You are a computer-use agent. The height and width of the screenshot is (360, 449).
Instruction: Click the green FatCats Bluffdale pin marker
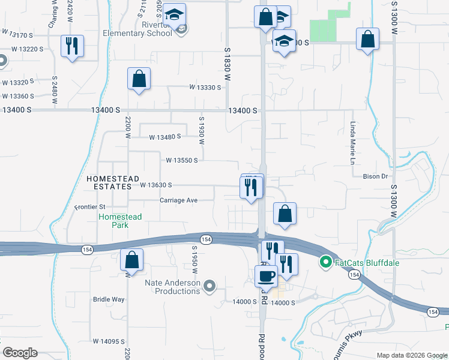click(325, 262)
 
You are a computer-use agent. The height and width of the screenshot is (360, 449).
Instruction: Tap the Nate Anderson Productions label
click(173, 286)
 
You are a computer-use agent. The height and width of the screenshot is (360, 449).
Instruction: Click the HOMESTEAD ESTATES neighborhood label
click(109, 183)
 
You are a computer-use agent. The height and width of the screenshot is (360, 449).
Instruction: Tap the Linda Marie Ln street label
click(353, 143)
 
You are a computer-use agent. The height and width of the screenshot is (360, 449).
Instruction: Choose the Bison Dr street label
click(376, 176)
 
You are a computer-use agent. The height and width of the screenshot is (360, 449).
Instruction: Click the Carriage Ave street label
click(179, 200)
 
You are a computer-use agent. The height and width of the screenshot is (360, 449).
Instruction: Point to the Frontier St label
click(90, 208)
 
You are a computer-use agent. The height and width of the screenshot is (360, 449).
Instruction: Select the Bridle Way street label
click(109, 299)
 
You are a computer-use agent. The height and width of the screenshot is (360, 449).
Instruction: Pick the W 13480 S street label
click(165, 137)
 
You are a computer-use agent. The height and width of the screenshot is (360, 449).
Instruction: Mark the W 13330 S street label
click(205, 87)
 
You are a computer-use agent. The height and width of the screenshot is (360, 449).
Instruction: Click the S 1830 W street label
click(228, 64)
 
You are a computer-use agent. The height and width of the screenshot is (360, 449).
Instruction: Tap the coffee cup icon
click(265, 275)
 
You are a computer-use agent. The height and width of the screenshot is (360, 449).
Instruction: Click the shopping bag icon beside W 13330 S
click(139, 79)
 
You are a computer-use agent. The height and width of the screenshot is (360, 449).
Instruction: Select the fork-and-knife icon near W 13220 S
click(72, 46)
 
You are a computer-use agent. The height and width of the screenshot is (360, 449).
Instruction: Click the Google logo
click(20, 353)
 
